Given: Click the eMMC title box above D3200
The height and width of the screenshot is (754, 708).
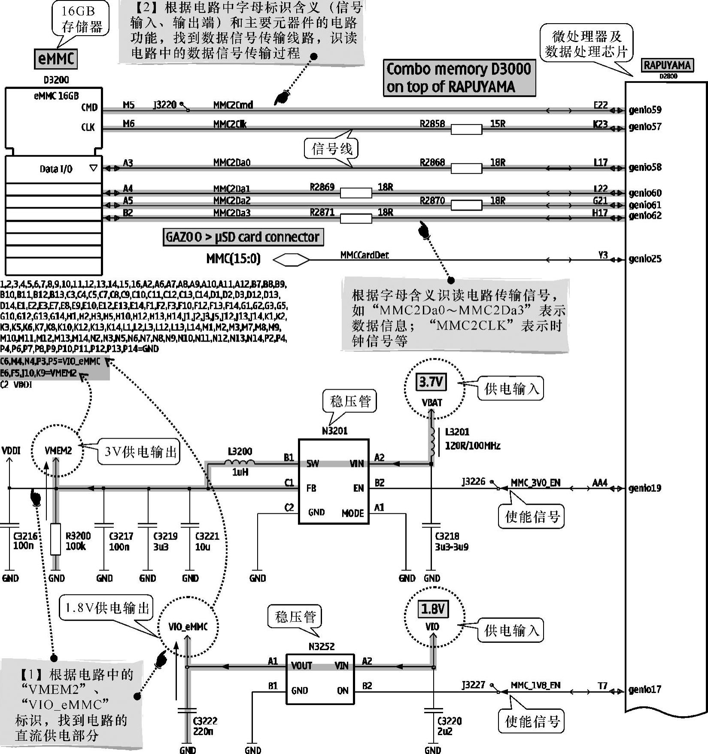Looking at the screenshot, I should [x=56, y=59].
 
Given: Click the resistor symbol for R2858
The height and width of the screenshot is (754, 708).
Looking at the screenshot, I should [x=466, y=129].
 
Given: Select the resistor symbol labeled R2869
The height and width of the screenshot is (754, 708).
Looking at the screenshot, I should [x=356, y=193].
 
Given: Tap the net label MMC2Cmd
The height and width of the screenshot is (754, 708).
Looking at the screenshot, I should [x=233, y=105].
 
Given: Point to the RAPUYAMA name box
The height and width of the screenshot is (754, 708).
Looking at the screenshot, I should [x=667, y=66].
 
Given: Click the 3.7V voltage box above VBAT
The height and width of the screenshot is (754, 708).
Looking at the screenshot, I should [x=431, y=382].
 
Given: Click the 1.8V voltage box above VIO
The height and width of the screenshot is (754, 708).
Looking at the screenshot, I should [x=433, y=609].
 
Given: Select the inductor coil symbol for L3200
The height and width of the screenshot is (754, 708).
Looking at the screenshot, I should [x=240, y=463].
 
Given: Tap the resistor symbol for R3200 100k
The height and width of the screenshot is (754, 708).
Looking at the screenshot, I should [x=56, y=539].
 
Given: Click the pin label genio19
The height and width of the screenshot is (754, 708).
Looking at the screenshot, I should [x=645, y=488].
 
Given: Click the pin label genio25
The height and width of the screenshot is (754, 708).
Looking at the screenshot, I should [x=645, y=259].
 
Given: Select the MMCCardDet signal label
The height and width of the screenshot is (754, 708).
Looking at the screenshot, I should [x=364, y=255].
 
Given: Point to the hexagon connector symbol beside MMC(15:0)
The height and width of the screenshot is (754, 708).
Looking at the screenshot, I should [x=291, y=260].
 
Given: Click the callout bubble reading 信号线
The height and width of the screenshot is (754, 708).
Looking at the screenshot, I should [x=331, y=149].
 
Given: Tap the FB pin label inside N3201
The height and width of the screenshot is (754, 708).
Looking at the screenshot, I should [x=311, y=488].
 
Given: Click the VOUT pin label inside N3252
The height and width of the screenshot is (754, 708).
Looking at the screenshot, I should [x=301, y=666].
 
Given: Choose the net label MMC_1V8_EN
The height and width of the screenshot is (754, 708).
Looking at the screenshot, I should [x=535, y=685].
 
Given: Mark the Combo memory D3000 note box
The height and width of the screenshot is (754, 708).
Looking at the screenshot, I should [x=459, y=78].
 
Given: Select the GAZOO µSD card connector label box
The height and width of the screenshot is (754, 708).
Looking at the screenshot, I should [x=243, y=237].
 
